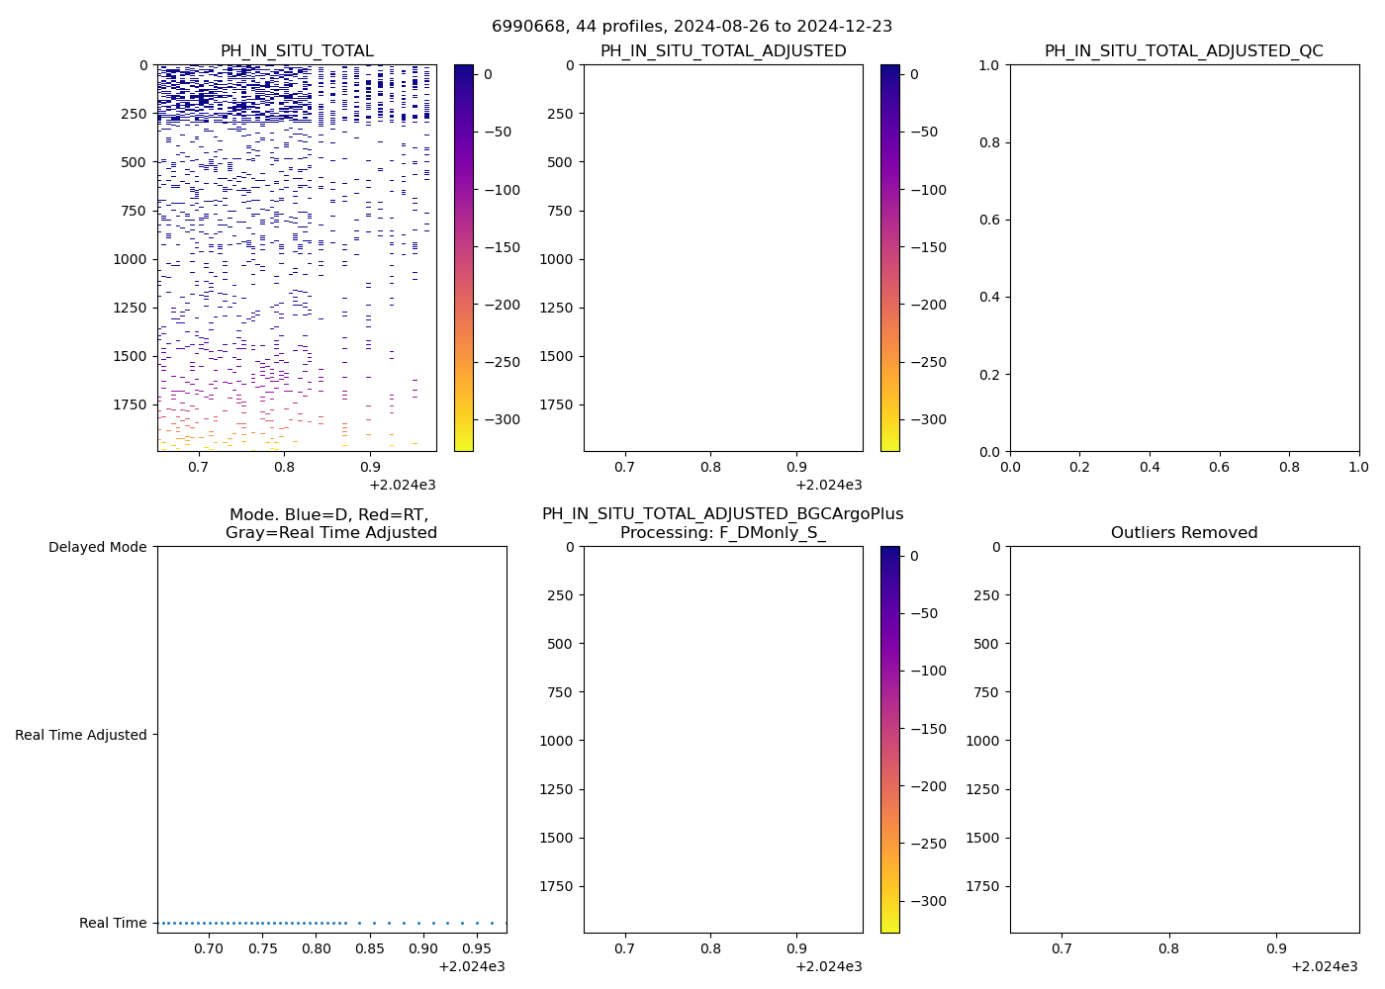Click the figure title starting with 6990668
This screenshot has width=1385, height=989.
pos(692,27)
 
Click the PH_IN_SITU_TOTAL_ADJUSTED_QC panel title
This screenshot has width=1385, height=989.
pos(1183,51)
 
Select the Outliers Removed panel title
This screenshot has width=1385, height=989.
pos(1183,533)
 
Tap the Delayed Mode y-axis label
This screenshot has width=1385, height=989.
pos(97,547)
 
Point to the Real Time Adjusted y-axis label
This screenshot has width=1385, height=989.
pos(81,735)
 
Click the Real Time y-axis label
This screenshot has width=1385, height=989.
pos(113,923)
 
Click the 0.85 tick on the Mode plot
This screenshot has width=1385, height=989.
pos(369,948)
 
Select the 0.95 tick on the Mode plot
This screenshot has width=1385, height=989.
pos(477,948)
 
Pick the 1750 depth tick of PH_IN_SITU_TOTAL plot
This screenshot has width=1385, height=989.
pos(128,405)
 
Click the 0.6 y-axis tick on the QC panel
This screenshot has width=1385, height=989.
pos(989,220)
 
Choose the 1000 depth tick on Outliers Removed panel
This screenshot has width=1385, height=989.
pos(982,741)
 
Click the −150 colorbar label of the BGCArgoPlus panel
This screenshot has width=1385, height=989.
pos(927,729)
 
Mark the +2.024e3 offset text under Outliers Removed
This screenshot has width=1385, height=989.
pos(1324,966)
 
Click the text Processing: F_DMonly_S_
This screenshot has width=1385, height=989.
pos(722,533)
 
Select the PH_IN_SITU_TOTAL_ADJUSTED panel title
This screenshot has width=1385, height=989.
pos(723,51)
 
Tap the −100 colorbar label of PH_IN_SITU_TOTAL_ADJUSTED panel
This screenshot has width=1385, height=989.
pos(927,190)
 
